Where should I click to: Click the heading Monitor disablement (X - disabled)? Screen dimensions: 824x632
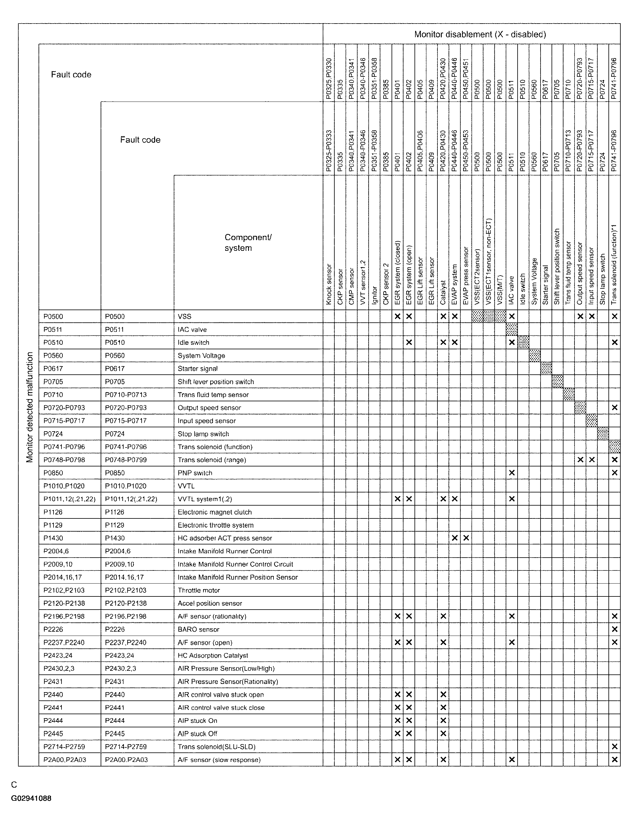[480, 35]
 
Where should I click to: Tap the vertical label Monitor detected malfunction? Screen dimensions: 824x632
[30, 407]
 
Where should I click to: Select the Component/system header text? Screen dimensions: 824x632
[248, 243]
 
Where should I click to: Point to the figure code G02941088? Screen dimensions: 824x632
[31, 798]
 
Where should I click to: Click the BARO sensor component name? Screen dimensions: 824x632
[198, 629]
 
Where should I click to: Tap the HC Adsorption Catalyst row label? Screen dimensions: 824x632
[213, 655]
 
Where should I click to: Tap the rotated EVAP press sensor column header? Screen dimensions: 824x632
[466, 275]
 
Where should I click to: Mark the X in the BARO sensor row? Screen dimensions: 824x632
[614, 629]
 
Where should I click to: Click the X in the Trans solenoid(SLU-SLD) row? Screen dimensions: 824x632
[614, 747]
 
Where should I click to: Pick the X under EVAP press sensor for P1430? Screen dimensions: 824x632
[466, 538]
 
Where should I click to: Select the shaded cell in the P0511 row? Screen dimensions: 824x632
[511, 329]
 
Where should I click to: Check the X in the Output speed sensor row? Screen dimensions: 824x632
[614, 408]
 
